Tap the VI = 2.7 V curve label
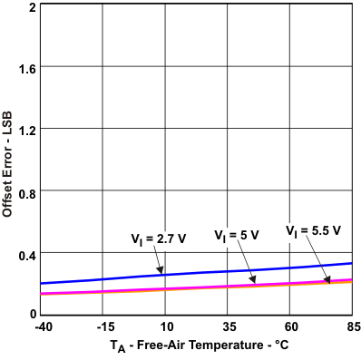pos(159,239)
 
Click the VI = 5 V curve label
pos(237,235)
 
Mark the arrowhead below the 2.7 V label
pos(161,270)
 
